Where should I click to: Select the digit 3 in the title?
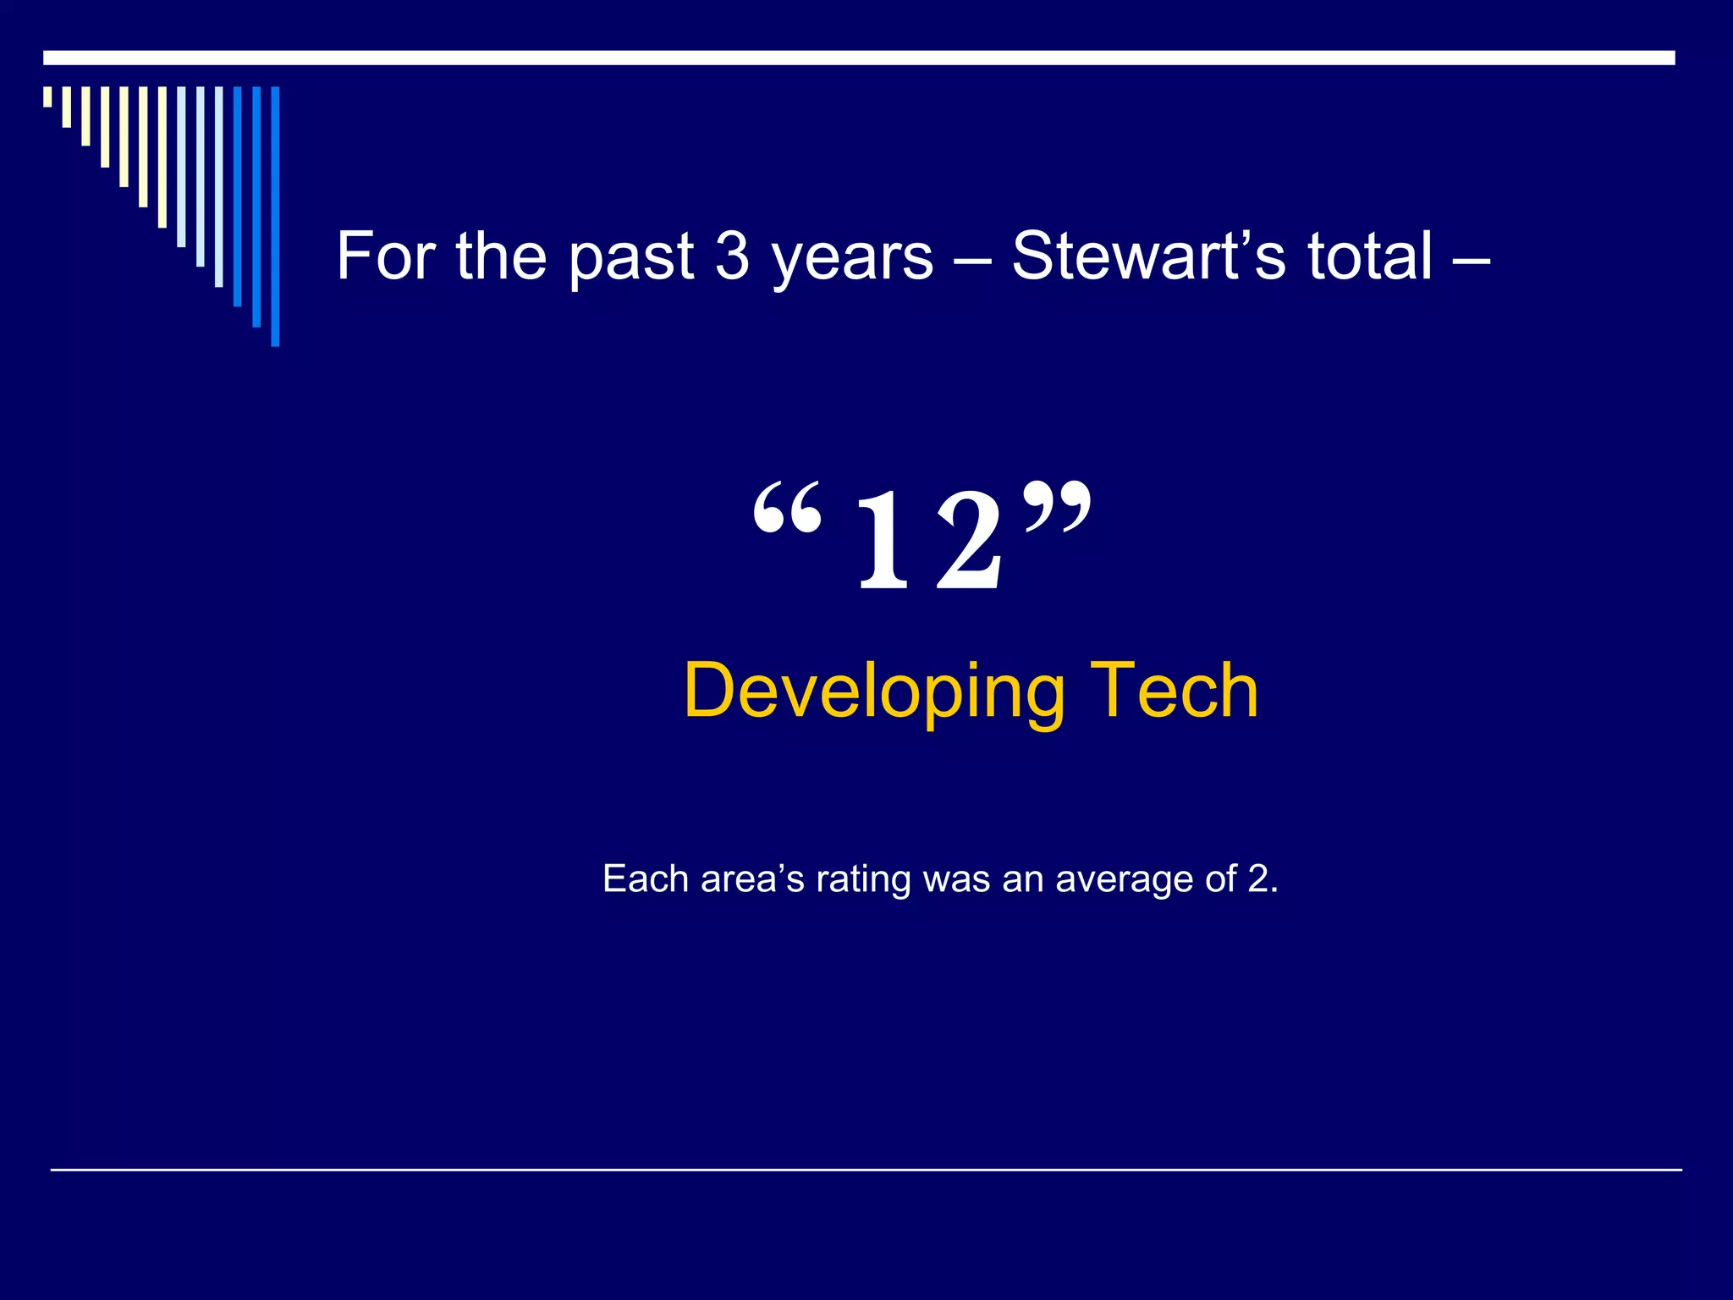[x=733, y=256]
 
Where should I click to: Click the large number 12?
[x=930, y=542]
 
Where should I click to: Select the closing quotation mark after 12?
[x=1057, y=506]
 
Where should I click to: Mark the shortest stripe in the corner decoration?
[x=47, y=96]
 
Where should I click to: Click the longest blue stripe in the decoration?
[x=275, y=217]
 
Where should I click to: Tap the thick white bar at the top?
[x=859, y=58]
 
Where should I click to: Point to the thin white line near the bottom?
[x=866, y=1170]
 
